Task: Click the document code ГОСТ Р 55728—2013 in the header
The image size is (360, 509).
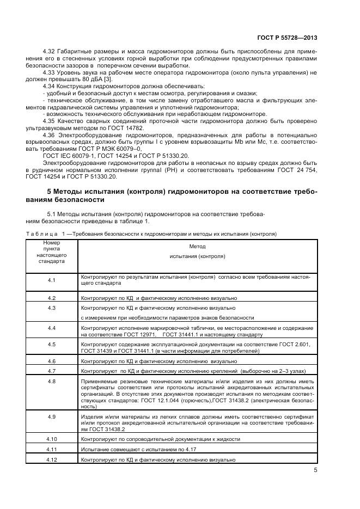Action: click(x=287, y=38)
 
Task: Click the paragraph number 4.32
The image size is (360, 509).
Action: click(x=50, y=52)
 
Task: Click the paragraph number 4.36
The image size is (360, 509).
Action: click(x=50, y=133)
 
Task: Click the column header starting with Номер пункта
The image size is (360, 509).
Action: click(x=51, y=252)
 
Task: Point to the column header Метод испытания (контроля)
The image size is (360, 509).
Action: click(x=197, y=251)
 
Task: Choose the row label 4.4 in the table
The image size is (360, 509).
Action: click(x=51, y=328)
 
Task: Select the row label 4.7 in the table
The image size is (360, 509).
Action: click(x=51, y=370)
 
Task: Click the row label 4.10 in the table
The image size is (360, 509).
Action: click(x=51, y=439)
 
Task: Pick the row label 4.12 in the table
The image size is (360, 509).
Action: click(x=51, y=459)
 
